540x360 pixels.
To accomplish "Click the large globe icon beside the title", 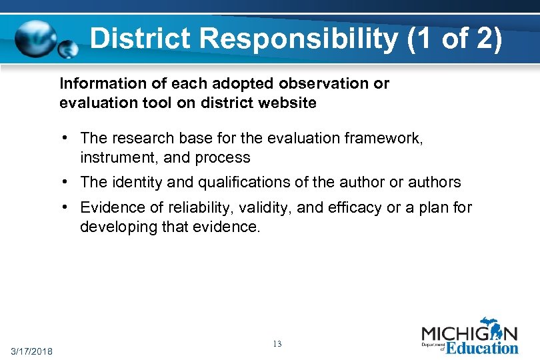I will (x=37, y=39).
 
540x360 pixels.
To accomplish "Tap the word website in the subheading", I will (x=285, y=103).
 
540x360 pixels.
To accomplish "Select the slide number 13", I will (x=277, y=344).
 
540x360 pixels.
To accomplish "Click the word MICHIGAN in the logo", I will (x=469, y=333).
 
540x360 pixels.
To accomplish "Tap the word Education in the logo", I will (x=482, y=347).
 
